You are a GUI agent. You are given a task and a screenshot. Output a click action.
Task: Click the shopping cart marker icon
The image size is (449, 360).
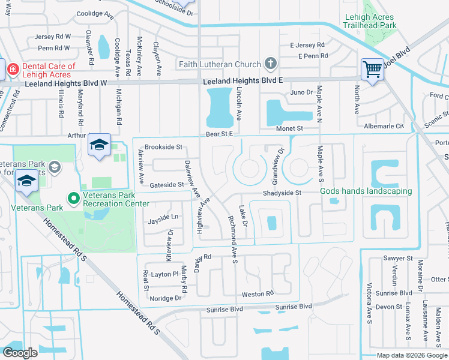pos(372,70)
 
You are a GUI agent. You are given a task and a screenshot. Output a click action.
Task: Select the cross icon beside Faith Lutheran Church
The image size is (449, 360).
pos(271,64)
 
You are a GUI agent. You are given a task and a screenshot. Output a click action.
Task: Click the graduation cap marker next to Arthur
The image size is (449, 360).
pos(99,145)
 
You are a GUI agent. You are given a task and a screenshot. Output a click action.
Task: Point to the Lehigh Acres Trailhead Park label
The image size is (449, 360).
pos(370,22)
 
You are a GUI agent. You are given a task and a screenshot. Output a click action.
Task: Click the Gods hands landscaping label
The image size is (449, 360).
pos(366,191)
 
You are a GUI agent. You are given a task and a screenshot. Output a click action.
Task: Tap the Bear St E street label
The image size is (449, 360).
pos(219,134)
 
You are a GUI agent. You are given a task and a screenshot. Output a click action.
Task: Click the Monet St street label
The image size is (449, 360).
pos(289,128)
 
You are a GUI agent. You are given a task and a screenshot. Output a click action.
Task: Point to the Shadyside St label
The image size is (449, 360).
pos(281,193)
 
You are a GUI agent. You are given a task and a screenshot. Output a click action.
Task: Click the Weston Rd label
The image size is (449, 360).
pos(258,294)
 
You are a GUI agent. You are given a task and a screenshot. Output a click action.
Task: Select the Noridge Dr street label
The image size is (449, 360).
pos(165,298)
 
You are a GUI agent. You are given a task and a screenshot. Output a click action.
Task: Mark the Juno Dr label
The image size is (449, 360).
pos(301,92)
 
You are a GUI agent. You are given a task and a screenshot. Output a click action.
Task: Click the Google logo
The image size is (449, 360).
pos(20,353)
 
